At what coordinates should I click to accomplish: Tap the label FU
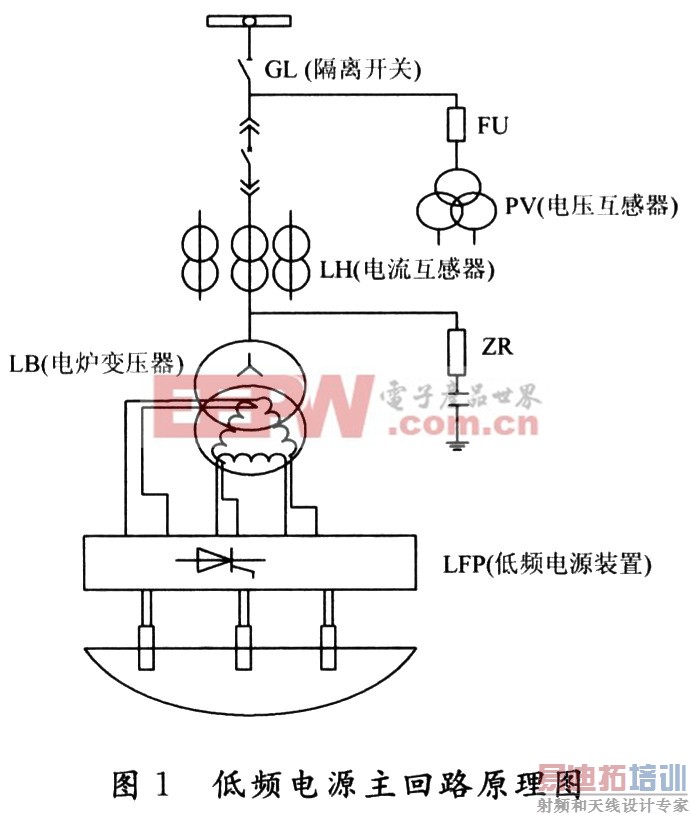tap(493, 126)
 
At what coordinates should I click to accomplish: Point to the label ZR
tap(497, 347)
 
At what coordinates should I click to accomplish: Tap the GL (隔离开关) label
tap(343, 69)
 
